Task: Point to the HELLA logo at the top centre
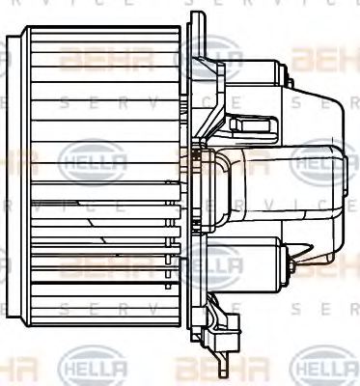point(207,48)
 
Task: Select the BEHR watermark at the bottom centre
point(207,369)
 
